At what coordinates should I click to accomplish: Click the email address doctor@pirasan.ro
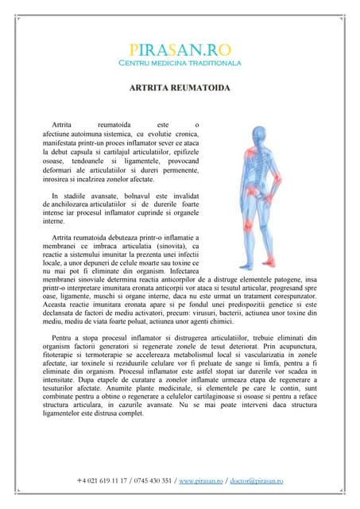click(256, 481)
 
